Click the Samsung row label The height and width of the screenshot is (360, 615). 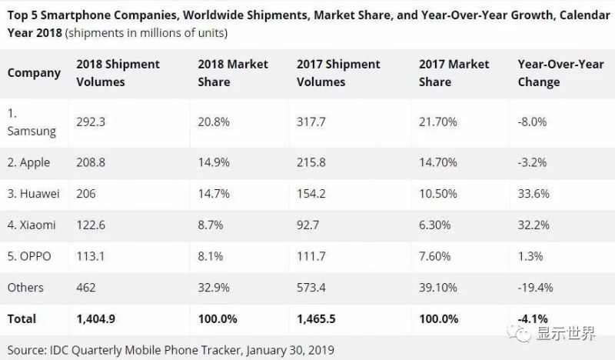[x=32, y=123]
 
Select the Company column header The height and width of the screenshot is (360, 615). [x=34, y=73]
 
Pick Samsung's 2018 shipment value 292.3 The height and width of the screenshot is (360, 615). [x=92, y=121]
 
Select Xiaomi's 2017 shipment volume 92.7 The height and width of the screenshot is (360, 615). [x=311, y=225]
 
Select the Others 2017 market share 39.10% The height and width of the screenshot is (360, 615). [x=439, y=288]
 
